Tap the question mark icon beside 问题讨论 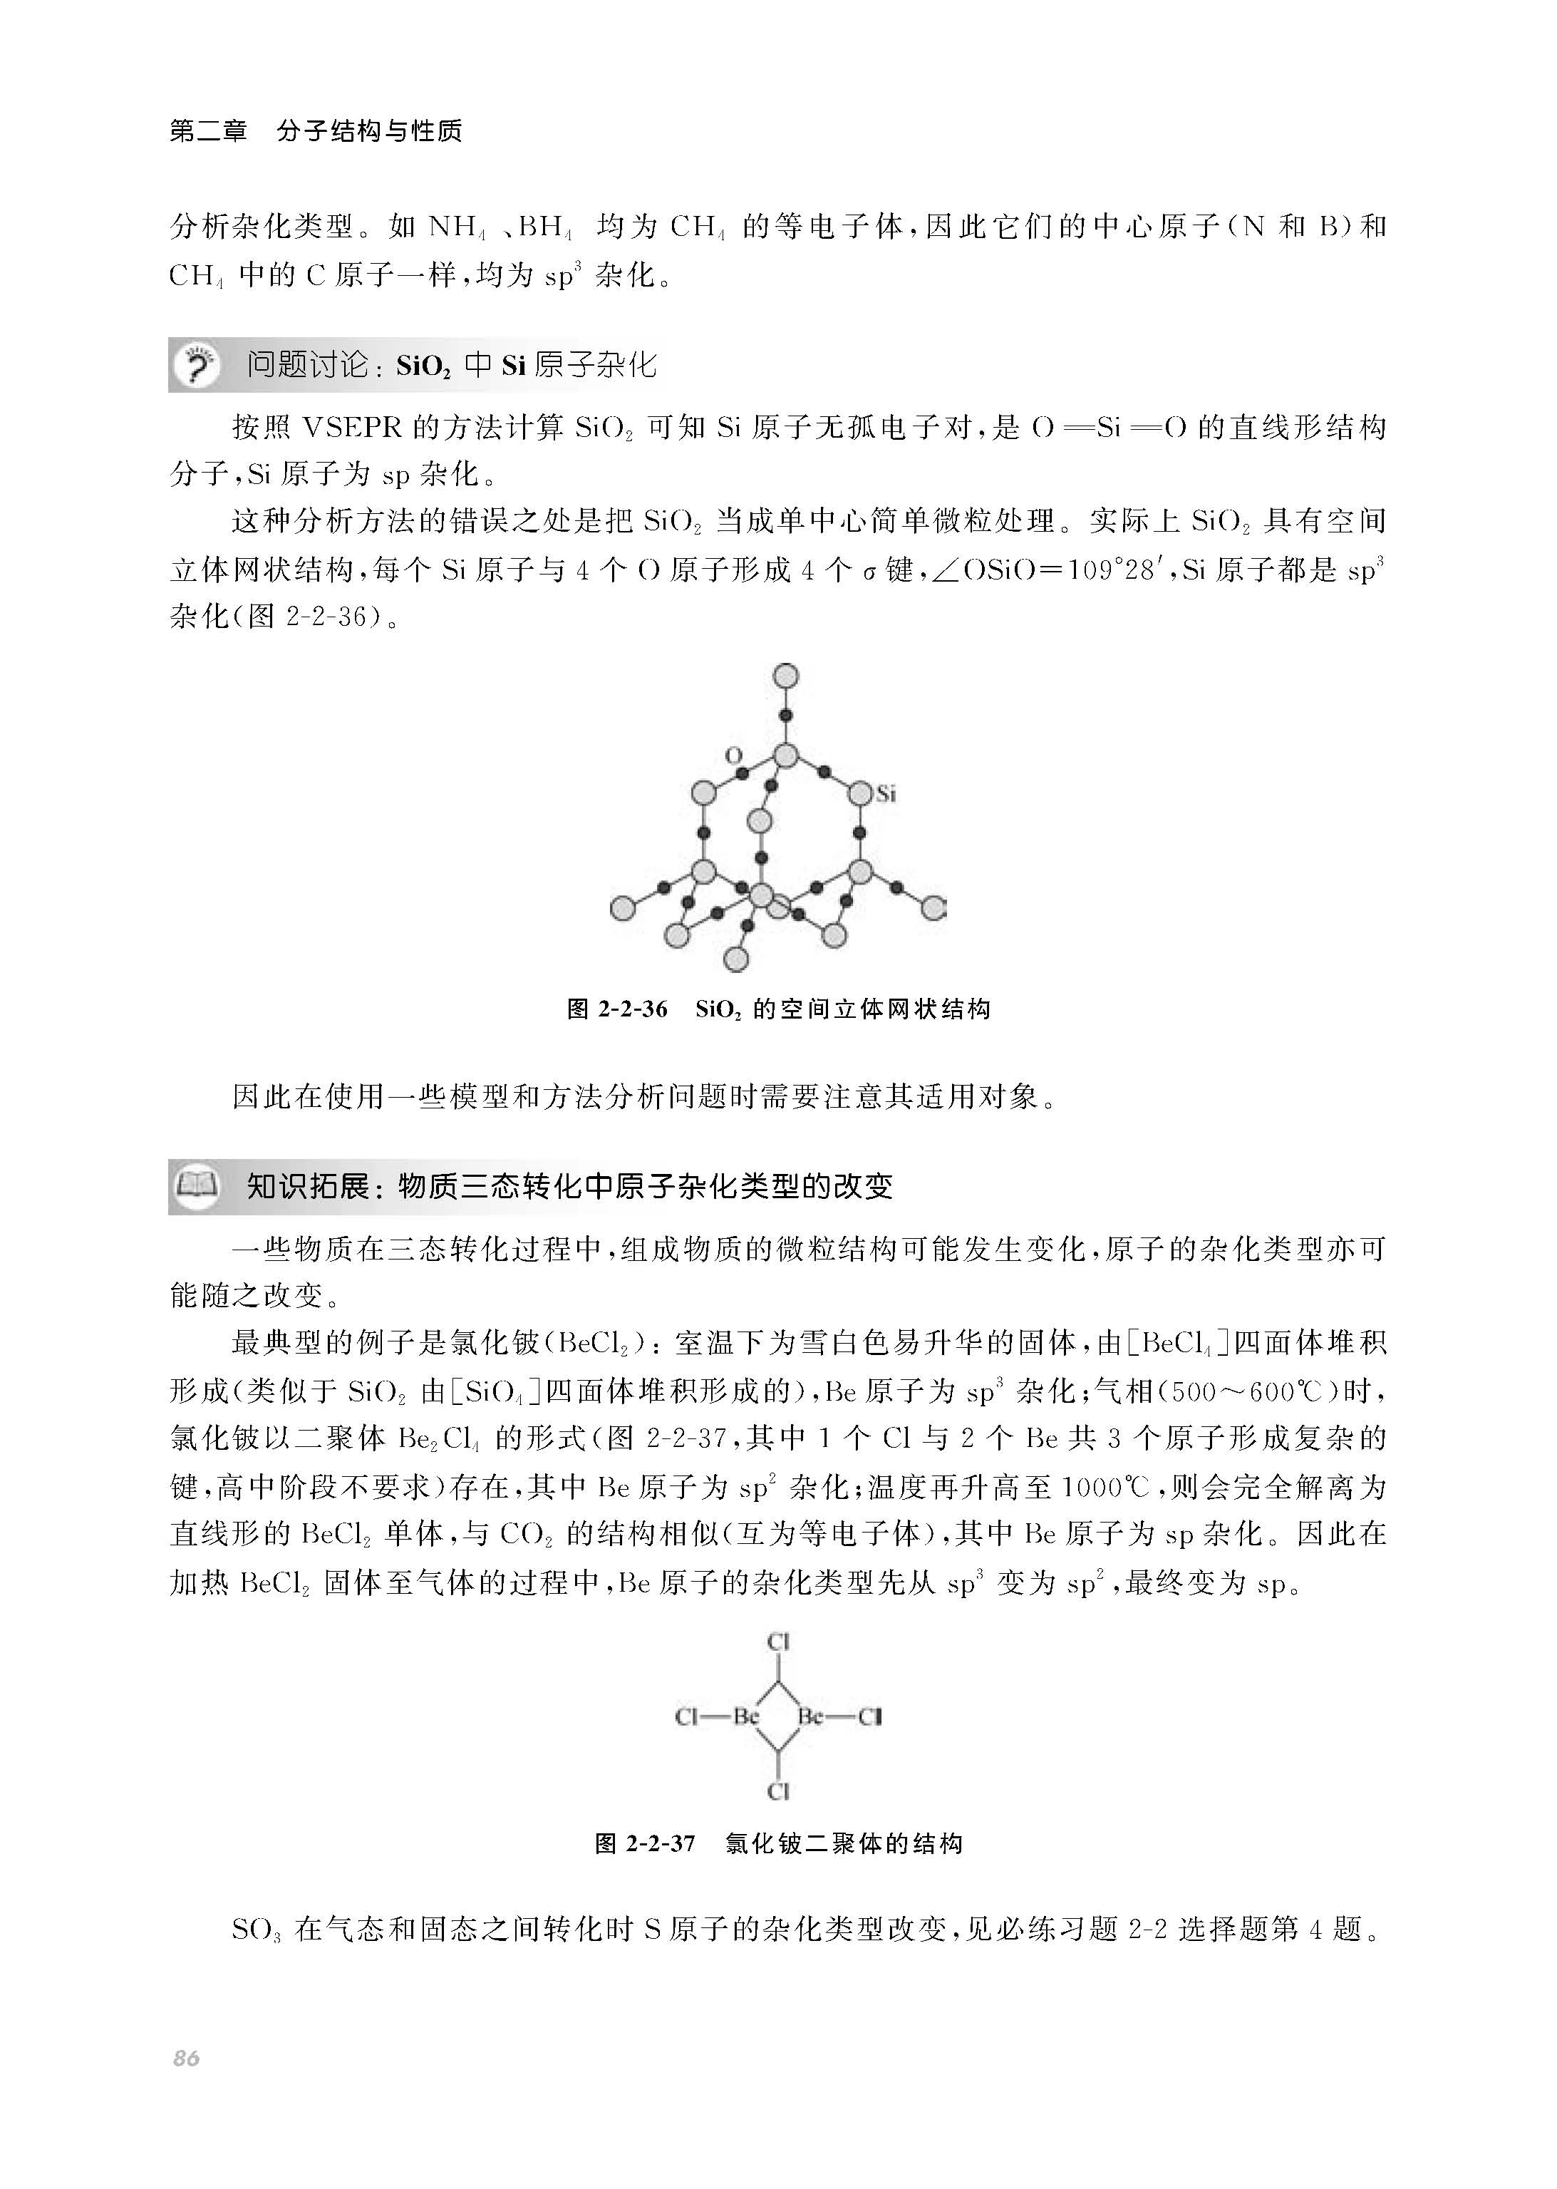point(197,366)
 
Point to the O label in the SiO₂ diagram point(733,756)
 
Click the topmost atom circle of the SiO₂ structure point(785,676)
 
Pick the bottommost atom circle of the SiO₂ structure point(735,958)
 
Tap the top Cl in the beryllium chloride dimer point(777,1642)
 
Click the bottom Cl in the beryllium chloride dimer point(777,1791)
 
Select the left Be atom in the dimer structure point(746,1716)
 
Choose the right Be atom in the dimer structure point(811,1716)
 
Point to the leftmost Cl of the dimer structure point(686,1716)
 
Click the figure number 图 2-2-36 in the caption point(616,1009)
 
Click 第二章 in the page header point(208,130)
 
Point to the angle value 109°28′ point(1117,570)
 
